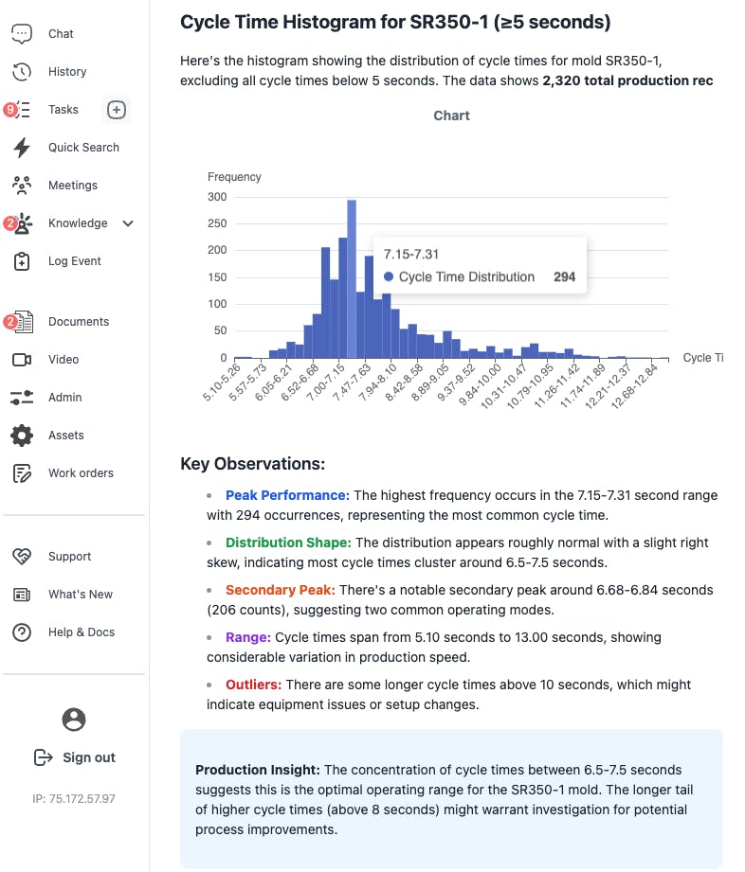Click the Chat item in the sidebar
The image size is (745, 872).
point(61,34)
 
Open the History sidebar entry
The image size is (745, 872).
point(66,72)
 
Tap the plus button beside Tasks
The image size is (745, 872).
point(116,110)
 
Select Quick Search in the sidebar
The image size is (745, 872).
point(83,148)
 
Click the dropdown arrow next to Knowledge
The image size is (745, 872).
point(129,223)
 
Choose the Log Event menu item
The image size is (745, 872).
point(74,261)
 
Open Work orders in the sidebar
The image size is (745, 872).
point(81,473)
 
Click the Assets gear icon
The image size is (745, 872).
point(22,436)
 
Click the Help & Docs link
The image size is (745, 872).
point(82,632)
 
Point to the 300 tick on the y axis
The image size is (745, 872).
point(217,197)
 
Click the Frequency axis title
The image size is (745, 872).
point(234,177)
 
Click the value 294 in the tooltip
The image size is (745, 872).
point(564,277)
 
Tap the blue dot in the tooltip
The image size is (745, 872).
point(389,277)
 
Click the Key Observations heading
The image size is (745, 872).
point(252,464)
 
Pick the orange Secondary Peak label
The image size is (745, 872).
point(280,590)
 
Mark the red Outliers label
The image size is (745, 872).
point(253,685)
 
